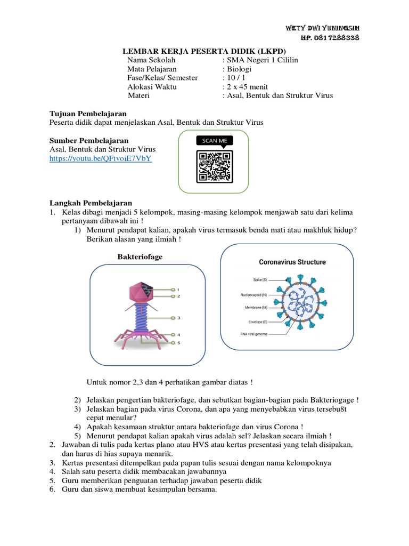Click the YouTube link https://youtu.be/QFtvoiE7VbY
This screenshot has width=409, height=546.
click(x=101, y=159)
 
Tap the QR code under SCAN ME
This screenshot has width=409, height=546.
click(x=215, y=166)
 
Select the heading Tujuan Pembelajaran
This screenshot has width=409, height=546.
click(x=88, y=114)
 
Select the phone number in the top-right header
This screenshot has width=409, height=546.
click(x=330, y=37)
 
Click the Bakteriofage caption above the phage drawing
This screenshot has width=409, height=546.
click(x=140, y=257)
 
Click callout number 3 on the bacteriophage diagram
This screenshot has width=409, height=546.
click(x=179, y=317)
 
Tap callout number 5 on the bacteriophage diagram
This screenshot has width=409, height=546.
click(x=179, y=343)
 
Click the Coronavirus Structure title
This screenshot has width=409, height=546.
click(x=292, y=262)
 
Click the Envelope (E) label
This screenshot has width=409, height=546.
click(x=253, y=322)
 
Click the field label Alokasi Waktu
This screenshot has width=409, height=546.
click(x=152, y=87)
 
